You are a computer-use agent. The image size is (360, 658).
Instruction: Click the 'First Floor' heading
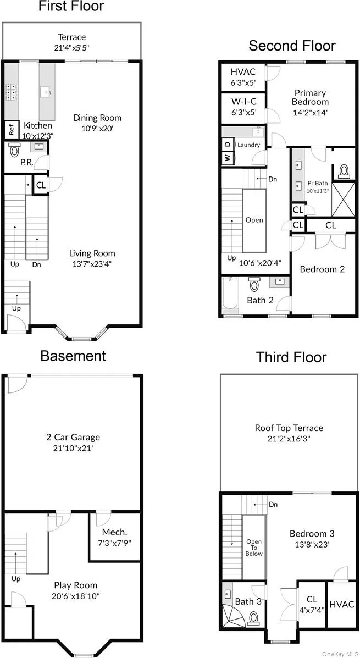click(x=71, y=7)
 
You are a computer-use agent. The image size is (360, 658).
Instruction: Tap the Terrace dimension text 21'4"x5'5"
click(x=73, y=48)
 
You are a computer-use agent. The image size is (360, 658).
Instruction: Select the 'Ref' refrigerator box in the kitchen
click(x=11, y=130)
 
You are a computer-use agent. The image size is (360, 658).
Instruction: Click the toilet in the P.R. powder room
click(x=15, y=149)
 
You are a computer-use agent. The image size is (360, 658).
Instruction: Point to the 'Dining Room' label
click(x=97, y=118)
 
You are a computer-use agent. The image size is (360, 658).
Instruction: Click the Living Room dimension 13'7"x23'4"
click(x=92, y=264)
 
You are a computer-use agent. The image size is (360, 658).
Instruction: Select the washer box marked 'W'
click(x=227, y=158)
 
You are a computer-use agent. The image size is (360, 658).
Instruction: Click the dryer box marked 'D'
click(x=227, y=144)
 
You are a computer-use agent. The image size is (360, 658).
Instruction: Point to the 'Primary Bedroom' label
click(x=310, y=97)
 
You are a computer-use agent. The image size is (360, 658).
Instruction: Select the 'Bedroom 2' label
click(x=322, y=269)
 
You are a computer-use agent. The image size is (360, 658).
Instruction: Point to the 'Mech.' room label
click(x=114, y=532)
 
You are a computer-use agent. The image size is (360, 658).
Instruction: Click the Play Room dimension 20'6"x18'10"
click(x=76, y=596)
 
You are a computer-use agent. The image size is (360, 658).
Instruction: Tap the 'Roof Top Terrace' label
click(x=289, y=428)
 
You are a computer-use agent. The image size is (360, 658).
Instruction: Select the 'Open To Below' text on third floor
click(x=253, y=548)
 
